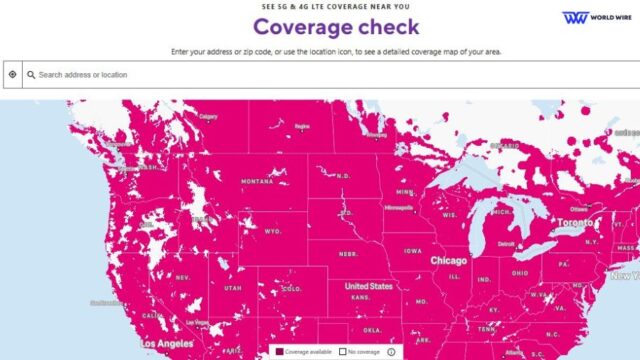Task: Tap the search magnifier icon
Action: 31,74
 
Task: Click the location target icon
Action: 12,74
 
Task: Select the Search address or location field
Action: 300,74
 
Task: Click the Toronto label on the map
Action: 576,221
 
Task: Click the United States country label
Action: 369,286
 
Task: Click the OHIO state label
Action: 520,271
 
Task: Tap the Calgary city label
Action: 208,116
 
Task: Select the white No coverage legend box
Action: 342,352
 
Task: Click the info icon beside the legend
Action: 390,352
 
